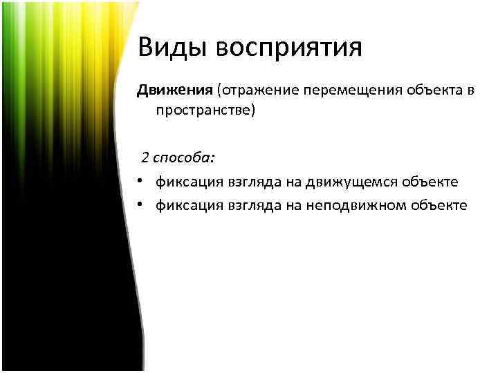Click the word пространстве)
(x=205, y=110)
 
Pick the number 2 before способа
(x=145, y=158)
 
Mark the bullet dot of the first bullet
(x=140, y=181)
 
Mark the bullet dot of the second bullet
(x=140, y=204)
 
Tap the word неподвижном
(x=369, y=205)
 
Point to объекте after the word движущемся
(x=433, y=182)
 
